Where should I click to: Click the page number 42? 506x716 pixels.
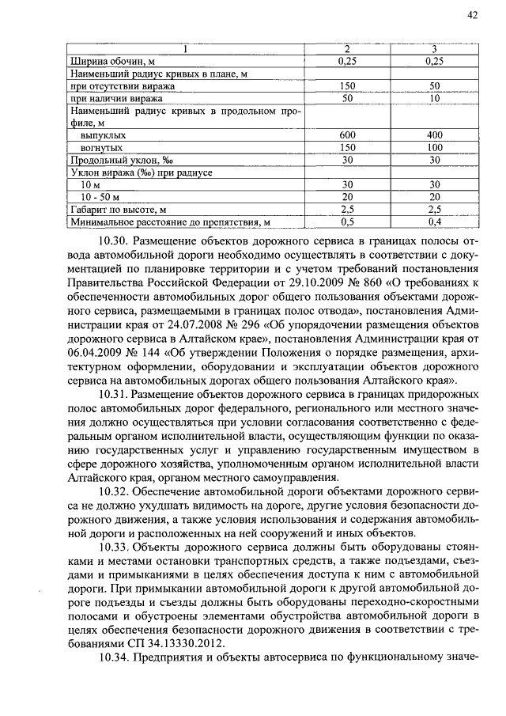tap(473, 15)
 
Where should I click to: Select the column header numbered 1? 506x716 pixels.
tap(185, 49)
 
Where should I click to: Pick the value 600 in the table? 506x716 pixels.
tap(347, 135)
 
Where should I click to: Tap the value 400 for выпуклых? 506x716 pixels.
tap(434, 135)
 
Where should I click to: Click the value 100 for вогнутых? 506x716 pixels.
tap(434, 147)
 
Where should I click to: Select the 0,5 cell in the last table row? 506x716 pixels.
tap(347, 222)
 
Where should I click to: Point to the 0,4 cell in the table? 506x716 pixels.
tap(434, 222)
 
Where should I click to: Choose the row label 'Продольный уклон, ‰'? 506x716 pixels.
tap(111, 160)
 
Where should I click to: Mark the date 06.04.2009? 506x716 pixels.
tap(96, 352)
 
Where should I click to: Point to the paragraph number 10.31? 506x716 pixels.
tap(114, 393)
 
